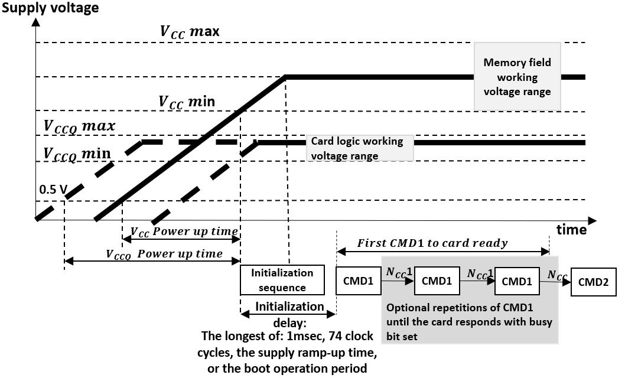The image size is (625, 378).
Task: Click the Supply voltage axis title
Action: [x=50, y=8]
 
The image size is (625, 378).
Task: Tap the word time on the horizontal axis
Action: [x=571, y=229]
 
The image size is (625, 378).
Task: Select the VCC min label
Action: [x=186, y=101]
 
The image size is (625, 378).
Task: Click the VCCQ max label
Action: [x=79, y=126]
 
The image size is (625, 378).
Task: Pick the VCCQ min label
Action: [x=77, y=154]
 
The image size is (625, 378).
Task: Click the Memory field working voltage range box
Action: [x=517, y=77]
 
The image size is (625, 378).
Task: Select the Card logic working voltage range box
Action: [x=359, y=148]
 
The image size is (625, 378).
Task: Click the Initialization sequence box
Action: [x=282, y=280]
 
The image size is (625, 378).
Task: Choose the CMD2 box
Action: [x=593, y=282]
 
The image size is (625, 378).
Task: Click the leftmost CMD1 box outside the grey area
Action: [x=359, y=282]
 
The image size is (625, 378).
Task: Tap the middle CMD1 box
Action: [x=437, y=282]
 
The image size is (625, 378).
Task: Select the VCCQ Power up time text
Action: [x=164, y=254]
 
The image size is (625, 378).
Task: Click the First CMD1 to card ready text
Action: [x=432, y=243]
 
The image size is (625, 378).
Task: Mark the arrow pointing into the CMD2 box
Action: [x=566, y=282]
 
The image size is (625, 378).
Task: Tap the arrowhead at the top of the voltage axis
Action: [x=36, y=22]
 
